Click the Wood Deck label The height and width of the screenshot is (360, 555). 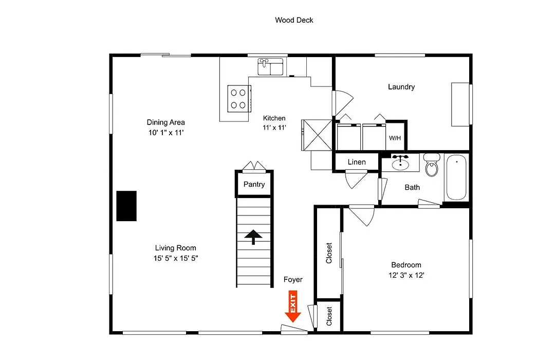pyautogui.click(x=294, y=20)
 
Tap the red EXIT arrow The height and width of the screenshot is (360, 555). pyautogui.click(x=293, y=306)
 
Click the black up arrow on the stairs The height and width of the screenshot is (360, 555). pyautogui.click(x=253, y=237)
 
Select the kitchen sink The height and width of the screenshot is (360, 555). pyautogui.click(x=270, y=67)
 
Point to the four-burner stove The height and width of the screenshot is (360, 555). pyautogui.click(x=239, y=99)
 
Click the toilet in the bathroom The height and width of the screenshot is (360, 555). pyautogui.click(x=432, y=165)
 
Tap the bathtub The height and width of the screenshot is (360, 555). pyautogui.click(x=456, y=177)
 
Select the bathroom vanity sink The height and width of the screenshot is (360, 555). pyautogui.click(x=400, y=163)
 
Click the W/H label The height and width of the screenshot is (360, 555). pyautogui.click(x=395, y=138)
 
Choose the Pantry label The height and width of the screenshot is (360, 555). pyautogui.click(x=254, y=184)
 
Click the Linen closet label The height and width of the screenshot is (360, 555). pyautogui.click(x=357, y=162)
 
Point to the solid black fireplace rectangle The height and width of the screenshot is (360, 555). pyautogui.click(x=126, y=206)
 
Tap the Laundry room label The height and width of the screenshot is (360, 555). pyautogui.click(x=401, y=87)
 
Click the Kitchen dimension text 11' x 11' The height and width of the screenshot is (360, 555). pyautogui.click(x=274, y=128)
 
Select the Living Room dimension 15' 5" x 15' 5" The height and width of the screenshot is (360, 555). pyautogui.click(x=176, y=258)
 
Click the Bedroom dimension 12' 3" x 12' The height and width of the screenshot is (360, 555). pyautogui.click(x=406, y=275)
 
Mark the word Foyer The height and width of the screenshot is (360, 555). pyautogui.click(x=293, y=280)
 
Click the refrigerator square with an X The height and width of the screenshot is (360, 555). pyautogui.click(x=317, y=135)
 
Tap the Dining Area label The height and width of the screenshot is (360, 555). pyautogui.click(x=165, y=122)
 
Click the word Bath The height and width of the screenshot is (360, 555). pyautogui.click(x=412, y=187)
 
